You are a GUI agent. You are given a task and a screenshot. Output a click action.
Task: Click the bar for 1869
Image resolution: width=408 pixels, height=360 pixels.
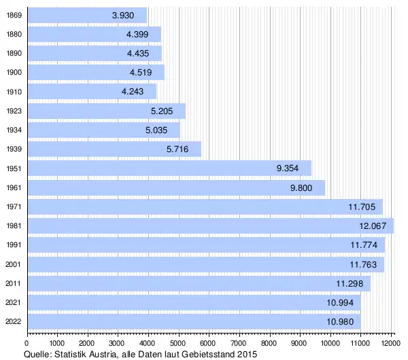(87, 15)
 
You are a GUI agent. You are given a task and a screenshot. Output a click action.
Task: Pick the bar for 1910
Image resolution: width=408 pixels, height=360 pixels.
(91, 92)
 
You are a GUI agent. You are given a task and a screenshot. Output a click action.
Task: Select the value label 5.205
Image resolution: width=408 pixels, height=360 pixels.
(163, 111)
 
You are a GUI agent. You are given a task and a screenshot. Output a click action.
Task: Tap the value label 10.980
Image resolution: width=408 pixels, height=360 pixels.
(339, 321)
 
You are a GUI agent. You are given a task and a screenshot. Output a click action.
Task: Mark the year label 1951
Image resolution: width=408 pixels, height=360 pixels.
(13, 168)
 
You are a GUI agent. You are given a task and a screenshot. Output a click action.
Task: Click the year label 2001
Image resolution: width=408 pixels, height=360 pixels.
(13, 264)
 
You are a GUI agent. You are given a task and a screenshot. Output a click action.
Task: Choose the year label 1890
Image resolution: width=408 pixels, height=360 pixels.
(13, 54)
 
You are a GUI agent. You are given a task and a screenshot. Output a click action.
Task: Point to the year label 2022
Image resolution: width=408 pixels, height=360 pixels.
(13, 321)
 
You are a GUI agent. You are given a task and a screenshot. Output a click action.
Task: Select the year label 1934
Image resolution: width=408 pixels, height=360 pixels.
(13, 130)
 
